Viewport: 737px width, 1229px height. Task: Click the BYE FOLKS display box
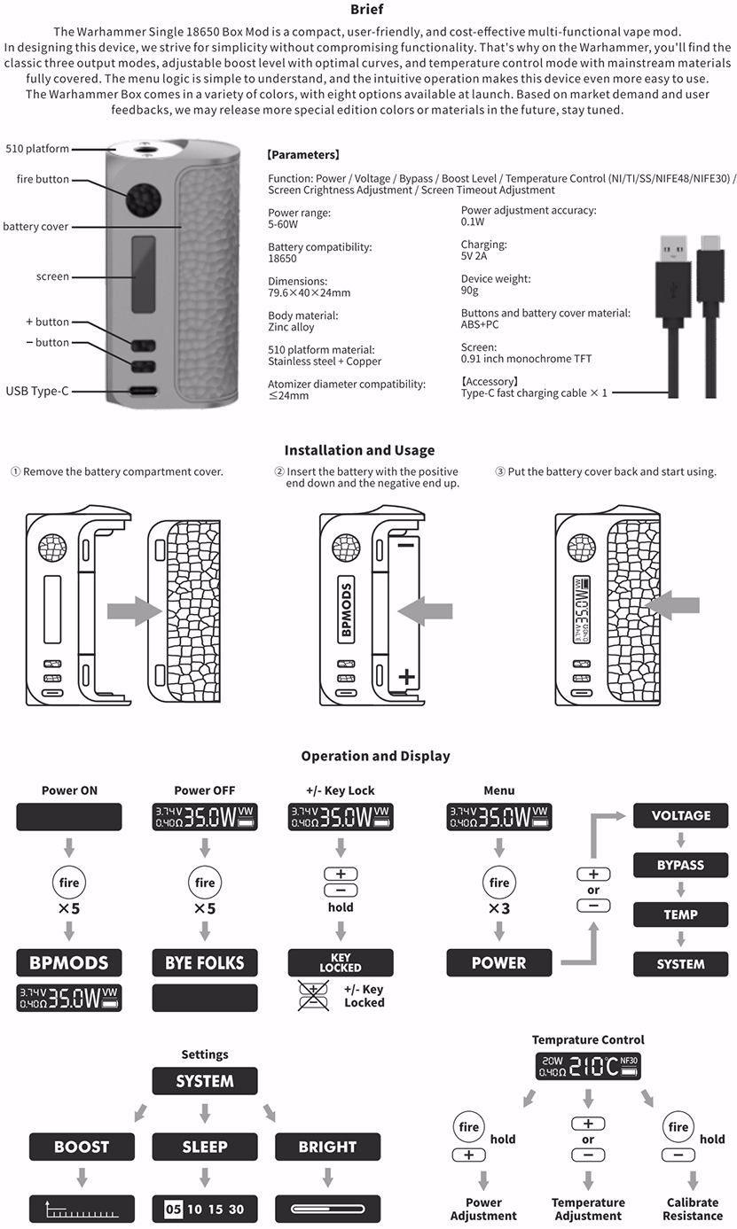(205, 963)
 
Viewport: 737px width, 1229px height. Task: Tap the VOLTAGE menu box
(680, 815)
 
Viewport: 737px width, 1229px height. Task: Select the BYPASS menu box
(680, 865)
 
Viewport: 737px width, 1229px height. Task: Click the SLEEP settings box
(205, 1147)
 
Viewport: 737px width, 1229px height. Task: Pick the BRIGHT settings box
(327, 1147)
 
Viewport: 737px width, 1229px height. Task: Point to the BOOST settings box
(82, 1147)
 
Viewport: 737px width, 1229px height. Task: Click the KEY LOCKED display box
(341, 963)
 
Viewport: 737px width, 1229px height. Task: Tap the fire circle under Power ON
(69, 883)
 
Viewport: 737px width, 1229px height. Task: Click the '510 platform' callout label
(37, 149)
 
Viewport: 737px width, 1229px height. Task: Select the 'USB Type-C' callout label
(37, 391)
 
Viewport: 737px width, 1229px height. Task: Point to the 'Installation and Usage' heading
(359, 450)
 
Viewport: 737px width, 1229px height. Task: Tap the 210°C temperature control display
(588, 1066)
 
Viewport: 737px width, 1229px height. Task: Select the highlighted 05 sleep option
(173, 1209)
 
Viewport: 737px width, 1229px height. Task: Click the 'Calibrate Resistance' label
(692, 1209)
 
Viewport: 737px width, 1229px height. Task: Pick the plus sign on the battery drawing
(406, 677)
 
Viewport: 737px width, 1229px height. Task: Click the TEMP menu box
(680, 914)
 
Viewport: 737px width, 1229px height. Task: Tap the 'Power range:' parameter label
(299, 213)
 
